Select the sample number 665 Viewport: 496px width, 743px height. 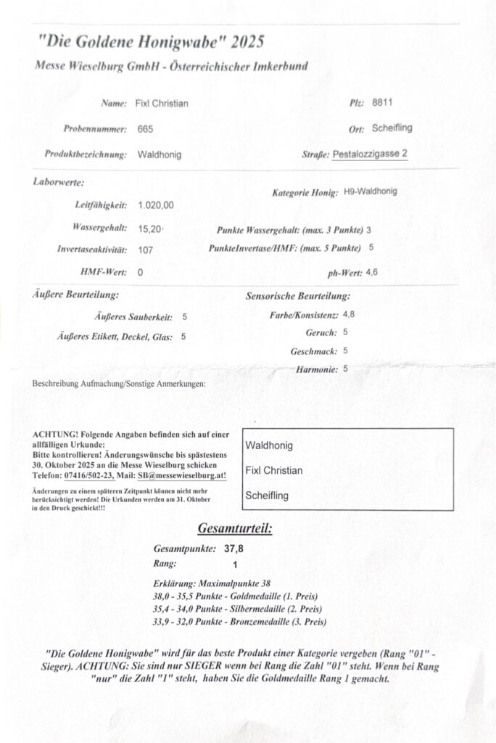point(145,129)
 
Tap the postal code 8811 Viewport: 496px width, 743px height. point(382,103)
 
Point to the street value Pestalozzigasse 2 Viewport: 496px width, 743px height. point(370,154)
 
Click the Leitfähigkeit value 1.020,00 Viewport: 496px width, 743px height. point(156,205)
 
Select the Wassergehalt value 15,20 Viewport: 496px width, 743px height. point(150,229)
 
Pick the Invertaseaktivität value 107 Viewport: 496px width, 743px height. point(145,250)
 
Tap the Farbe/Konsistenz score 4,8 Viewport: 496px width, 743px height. point(349,314)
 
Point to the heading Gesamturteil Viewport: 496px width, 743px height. point(234,528)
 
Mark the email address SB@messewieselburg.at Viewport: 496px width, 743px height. point(179,475)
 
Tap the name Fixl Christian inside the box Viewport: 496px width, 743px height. point(274,470)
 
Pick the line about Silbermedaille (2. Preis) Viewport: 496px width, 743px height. point(237,608)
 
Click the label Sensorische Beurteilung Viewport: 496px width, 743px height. point(299,296)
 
